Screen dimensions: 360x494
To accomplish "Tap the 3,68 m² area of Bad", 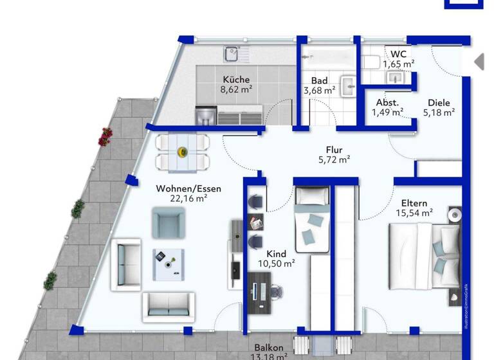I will tap(319, 91).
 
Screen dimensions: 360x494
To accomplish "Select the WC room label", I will tap(398, 53).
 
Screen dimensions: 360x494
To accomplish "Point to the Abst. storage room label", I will tap(387, 102).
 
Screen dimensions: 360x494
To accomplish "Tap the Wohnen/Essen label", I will tap(188, 188).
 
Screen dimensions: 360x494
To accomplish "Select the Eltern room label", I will tap(414, 203).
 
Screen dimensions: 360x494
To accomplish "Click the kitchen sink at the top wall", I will tap(232, 53).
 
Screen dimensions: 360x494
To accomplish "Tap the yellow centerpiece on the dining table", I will tap(183, 153).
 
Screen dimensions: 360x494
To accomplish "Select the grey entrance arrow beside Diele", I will tap(478, 62).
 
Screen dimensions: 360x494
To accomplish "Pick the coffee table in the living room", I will tap(168, 264).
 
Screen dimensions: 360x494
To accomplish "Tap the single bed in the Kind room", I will tap(312, 219).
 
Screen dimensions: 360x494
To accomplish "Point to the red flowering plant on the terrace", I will tap(105, 136).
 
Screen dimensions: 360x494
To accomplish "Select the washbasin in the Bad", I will tap(348, 85).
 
